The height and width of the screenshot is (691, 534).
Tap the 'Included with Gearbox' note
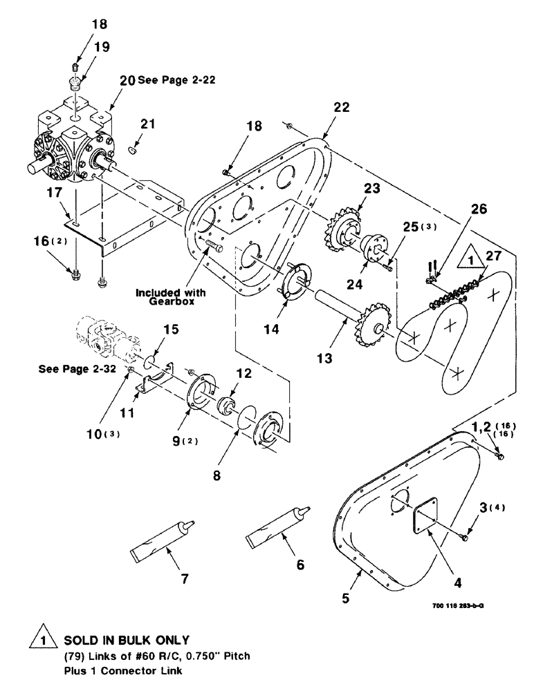166,298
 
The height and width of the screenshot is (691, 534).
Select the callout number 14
271,330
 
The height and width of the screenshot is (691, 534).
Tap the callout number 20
127,79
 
